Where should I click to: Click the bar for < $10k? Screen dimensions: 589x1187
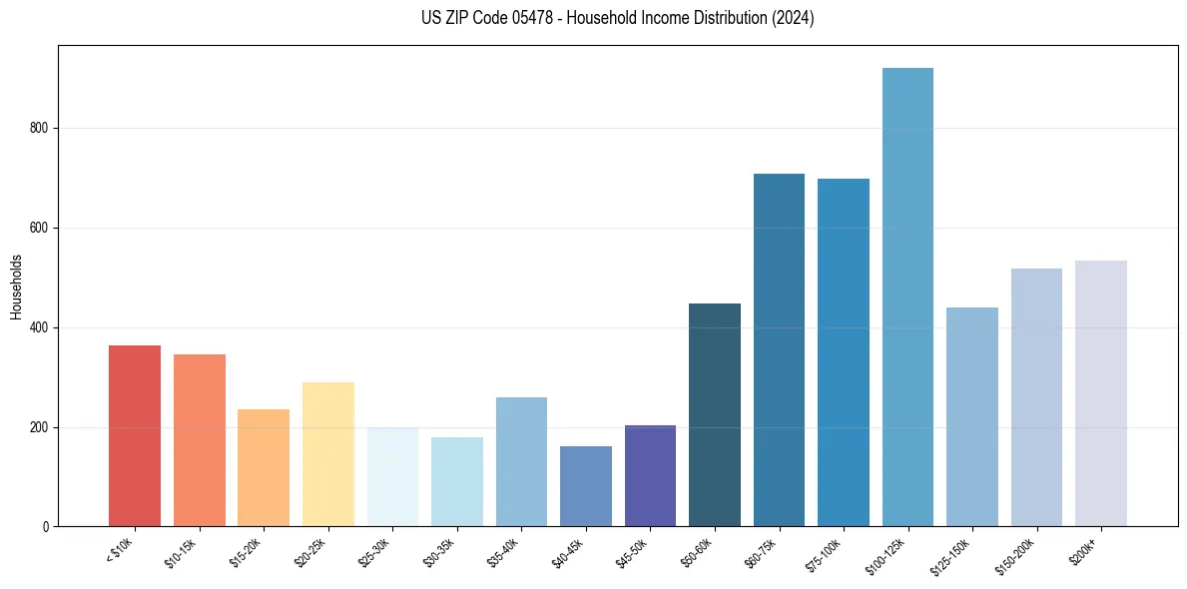coord(134,436)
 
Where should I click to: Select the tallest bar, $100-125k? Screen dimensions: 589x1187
coord(907,297)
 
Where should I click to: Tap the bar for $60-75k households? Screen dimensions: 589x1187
coord(779,350)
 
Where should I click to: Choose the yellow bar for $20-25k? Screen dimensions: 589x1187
coord(327,454)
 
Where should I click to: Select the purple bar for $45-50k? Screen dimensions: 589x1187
coord(650,476)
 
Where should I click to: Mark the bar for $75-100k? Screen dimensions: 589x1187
coord(843,352)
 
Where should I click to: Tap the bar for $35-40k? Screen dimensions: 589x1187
coord(521,462)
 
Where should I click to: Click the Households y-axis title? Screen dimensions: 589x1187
coord(16,287)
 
